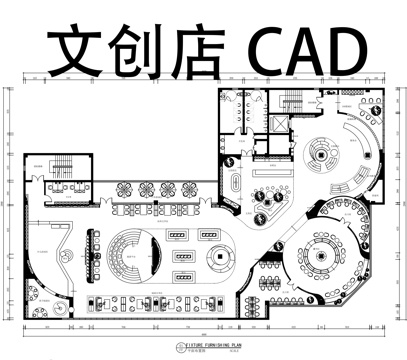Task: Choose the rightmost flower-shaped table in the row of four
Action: coord(184,188)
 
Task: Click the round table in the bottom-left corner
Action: coord(34,297)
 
